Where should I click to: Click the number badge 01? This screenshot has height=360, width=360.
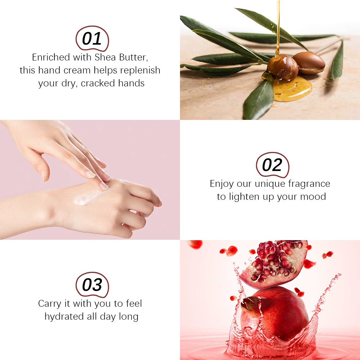pos(92,39)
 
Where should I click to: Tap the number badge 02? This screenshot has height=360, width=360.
pos(272,165)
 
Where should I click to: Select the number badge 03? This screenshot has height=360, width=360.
pos(92,285)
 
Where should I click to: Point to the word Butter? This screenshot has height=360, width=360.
pos(134,57)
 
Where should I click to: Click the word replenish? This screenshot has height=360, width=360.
pos(140,70)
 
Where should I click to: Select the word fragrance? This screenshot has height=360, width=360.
pos(309,184)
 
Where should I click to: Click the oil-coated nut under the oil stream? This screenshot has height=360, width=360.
pos(283,67)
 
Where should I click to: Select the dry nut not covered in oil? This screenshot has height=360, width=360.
pos(309,63)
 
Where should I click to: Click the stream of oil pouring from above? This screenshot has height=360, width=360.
pos(278,28)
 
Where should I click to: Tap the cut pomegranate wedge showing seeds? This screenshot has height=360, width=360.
pos(274,264)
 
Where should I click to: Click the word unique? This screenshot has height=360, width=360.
pos(270,184)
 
